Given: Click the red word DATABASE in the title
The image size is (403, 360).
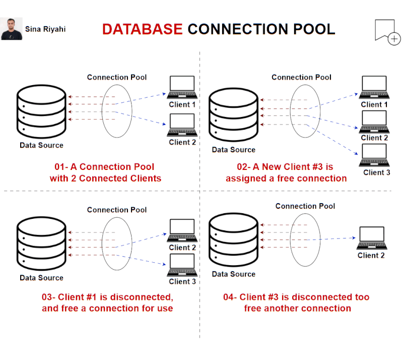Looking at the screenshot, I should [142, 29].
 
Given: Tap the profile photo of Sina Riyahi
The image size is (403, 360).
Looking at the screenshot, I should [12, 29].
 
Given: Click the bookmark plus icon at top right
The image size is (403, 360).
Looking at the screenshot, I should [386, 32].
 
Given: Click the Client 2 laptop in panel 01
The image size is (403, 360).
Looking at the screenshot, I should [182, 125].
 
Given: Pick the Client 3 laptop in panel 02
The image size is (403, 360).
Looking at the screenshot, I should [374, 155].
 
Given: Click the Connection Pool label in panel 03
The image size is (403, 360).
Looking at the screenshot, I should [117, 210].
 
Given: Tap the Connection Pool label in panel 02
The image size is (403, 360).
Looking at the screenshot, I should [301, 77].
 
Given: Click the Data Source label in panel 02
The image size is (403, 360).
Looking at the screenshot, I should [233, 150].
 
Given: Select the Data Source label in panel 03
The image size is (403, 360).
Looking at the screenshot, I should [41, 278].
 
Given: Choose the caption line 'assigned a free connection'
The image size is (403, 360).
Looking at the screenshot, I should [286, 178].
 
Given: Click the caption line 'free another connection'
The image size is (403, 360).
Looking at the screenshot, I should [297, 308].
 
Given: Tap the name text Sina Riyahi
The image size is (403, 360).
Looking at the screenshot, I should [45, 29].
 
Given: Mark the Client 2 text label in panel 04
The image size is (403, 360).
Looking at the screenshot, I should [371, 256].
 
